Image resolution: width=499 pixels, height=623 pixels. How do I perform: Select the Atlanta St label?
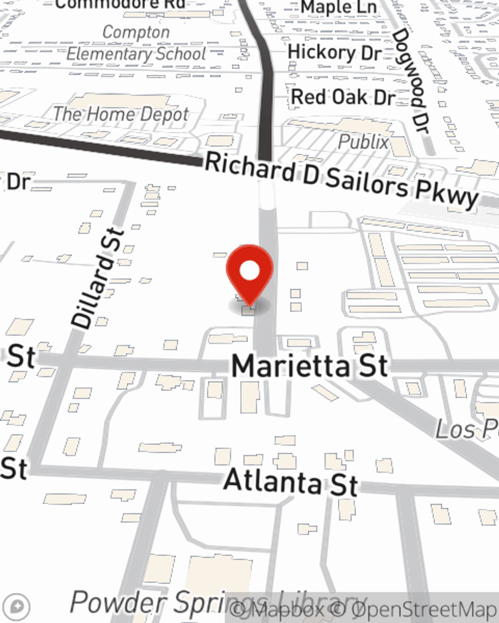291,481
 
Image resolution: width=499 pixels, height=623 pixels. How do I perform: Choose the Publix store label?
363,142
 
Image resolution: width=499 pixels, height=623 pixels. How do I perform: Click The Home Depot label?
121,114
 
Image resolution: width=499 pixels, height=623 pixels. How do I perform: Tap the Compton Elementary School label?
136,43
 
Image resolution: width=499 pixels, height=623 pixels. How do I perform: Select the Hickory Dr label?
334,52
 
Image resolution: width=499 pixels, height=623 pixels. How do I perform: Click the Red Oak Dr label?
343,97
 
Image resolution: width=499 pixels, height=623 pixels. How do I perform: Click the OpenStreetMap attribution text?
424,609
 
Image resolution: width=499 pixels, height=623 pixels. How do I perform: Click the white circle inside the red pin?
250,271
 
